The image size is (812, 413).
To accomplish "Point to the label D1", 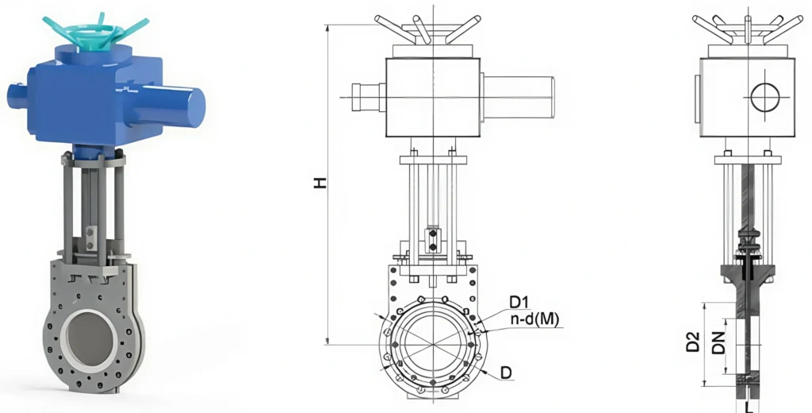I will [x=519, y=302].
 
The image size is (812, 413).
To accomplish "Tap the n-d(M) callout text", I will [x=534, y=320].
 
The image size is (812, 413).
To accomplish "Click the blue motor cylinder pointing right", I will [x=174, y=102].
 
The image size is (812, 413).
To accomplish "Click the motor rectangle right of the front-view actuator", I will [x=518, y=97].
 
